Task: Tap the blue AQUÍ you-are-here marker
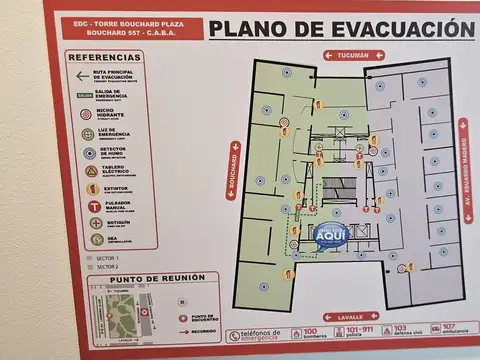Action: pos(330,234)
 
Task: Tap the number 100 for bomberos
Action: pos(310,330)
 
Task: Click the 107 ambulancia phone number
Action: pos(450,326)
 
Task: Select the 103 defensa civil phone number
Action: pos(401,328)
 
